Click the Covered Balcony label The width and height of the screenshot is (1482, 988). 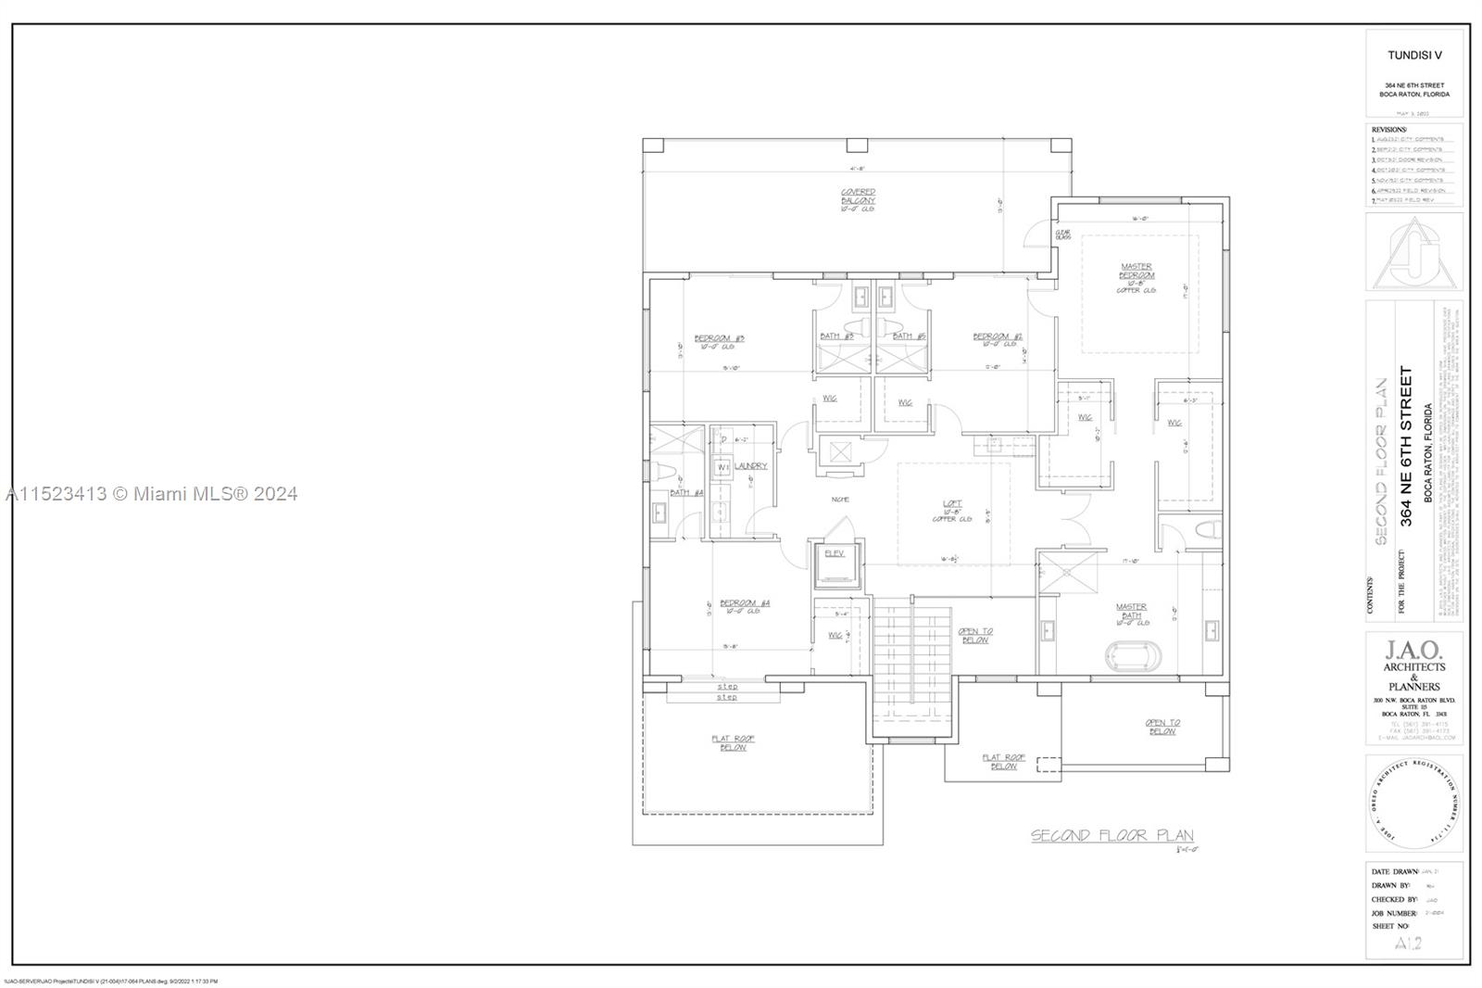pos(858,198)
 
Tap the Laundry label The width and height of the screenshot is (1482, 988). pos(751,465)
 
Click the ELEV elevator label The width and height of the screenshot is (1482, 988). pos(835,553)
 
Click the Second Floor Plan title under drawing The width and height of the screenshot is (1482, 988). pos(1112,836)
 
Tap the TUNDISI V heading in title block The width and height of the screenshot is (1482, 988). pos(1413,55)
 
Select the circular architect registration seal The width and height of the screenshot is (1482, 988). pos(1414,804)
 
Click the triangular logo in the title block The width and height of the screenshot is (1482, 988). pos(1413,253)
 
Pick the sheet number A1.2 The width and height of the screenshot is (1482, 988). pos(1407,944)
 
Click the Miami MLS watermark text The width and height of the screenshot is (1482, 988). pos(151,494)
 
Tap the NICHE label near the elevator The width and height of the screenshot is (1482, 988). pos(840,500)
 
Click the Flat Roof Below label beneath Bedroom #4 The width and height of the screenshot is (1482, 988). pos(734,743)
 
